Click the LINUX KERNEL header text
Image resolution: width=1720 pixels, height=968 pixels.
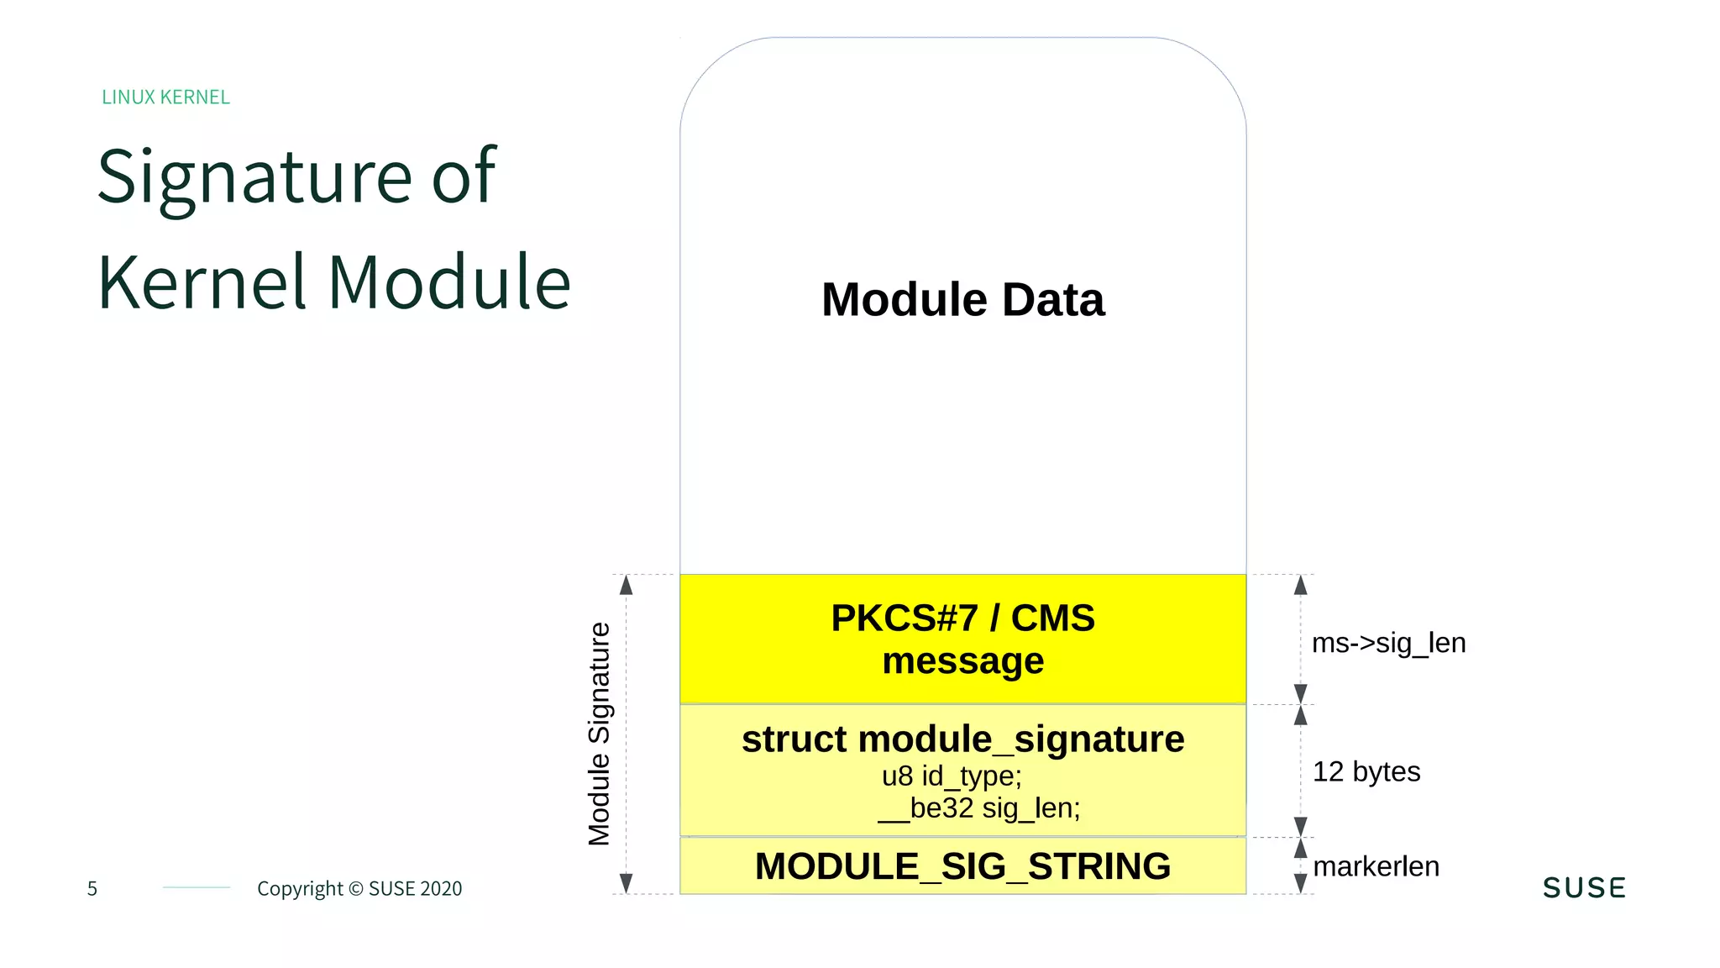point(165,97)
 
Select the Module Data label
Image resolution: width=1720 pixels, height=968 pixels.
point(962,300)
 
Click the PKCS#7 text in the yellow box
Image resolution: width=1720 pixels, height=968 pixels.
point(904,618)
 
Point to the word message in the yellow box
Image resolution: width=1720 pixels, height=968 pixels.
point(962,661)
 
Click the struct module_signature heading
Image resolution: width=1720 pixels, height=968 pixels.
point(962,739)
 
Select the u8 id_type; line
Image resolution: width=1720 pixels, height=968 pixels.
point(952,776)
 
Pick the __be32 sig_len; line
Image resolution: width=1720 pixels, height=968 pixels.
point(979,808)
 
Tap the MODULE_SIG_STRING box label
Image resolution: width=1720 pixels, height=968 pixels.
point(962,866)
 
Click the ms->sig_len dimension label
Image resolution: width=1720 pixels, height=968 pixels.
point(1388,643)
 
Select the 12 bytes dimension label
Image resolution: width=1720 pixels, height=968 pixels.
point(1366,771)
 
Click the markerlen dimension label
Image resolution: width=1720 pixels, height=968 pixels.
point(1376,866)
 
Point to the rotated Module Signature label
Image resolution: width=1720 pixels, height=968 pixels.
point(599,734)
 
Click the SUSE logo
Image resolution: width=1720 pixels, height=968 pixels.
point(1584,888)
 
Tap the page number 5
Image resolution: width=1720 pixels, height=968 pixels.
point(92,889)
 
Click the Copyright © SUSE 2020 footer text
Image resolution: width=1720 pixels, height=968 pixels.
point(359,889)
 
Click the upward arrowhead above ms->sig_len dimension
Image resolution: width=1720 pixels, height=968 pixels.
point(1300,585)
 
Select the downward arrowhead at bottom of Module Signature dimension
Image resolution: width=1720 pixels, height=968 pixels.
point(626,883)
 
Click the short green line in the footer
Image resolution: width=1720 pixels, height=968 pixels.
point(197,887)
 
